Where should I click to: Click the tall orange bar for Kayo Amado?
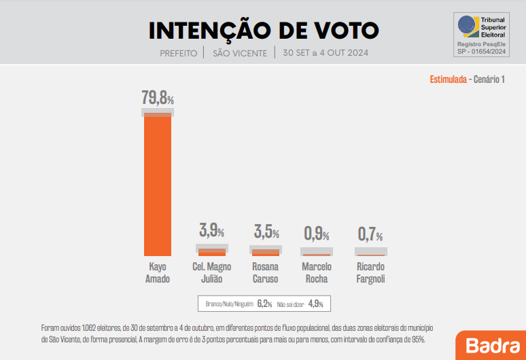point(158,183)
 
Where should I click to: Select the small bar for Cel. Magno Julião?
point(212,252)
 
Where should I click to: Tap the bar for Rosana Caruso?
point(266,252)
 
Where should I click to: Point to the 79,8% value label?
point(158,98)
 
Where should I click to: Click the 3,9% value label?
point(212,230)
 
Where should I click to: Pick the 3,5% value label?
point(266,231)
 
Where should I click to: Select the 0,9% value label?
point(317,234)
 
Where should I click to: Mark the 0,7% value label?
point(370,235)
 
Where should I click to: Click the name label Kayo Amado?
point(158,272)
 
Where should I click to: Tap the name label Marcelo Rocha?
point(317,272)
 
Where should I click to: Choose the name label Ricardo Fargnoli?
point(370,272)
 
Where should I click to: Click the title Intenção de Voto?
point(264,31)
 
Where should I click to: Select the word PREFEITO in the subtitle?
point(179,53)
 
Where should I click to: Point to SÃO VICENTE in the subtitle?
point(240,53)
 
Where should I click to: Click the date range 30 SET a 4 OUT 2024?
point(325,53)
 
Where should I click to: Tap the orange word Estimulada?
point(447,80)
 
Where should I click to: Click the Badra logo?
point(488,345)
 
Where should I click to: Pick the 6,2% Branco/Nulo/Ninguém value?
point(264,304)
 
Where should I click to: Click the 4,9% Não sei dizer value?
point(315,304)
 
